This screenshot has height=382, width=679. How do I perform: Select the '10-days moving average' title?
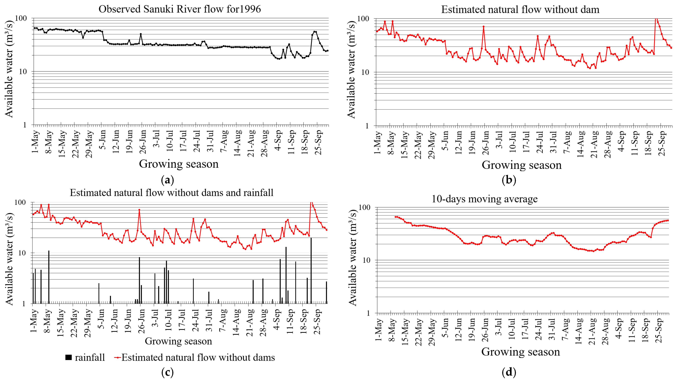(x=484, y=199)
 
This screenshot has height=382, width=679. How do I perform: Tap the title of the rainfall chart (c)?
(x=172, y=193)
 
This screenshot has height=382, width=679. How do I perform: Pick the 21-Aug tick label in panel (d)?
(x=592, y=332)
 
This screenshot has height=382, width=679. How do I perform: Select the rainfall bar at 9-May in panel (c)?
(x=49, y=277)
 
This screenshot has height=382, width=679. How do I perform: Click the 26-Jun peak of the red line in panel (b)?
(x=483, y=27)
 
